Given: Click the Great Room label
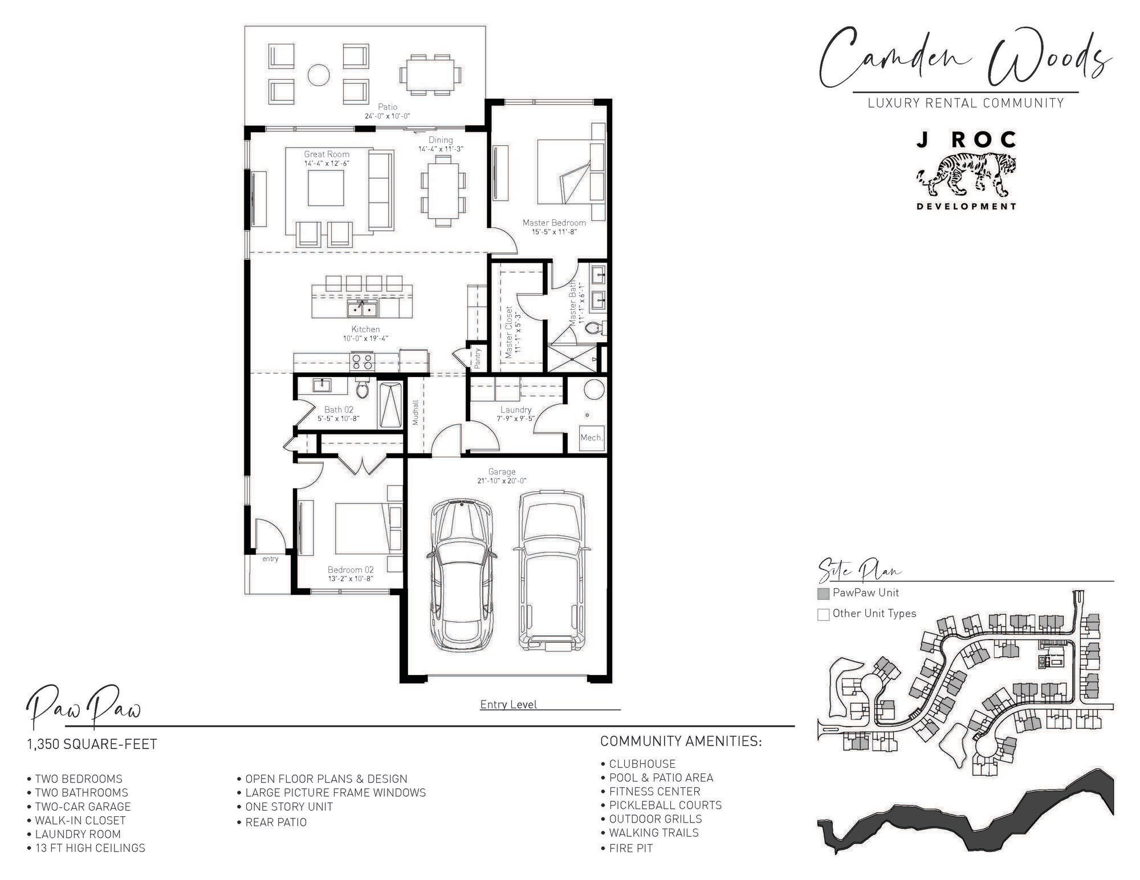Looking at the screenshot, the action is [x=327, y=154].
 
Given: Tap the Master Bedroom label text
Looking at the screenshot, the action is [x=554, y=223].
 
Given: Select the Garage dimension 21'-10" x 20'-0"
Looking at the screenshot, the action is [x=502, y=481].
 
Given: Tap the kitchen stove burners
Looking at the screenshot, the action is [x=362, y=362].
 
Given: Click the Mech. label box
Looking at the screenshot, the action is [x=592, y=437].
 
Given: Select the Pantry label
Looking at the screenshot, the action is [x=478, y=358].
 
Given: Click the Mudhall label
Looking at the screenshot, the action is [x=416, y=412].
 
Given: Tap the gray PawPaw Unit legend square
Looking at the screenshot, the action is [x=823, y=594].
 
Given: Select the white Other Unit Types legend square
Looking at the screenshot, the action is [x=823, y=615].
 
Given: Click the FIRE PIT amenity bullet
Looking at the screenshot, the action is [x=627, y=848].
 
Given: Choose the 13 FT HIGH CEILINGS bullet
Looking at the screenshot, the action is [x=86, y=848].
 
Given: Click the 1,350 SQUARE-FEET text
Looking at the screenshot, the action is [x=92, y=744].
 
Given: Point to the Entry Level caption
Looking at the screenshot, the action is [x=508, y=705].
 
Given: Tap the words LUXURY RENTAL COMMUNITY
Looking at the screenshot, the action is [x=966, y=103].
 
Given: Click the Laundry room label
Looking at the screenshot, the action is [x=516, y=410].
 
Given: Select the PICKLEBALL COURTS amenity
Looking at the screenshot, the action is [x=661, y=805].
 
